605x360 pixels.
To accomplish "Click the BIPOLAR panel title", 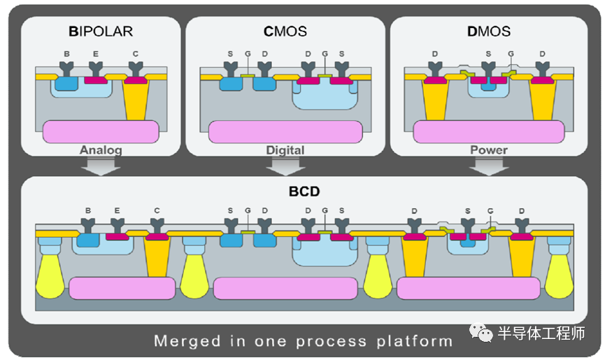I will (x=101, y=31).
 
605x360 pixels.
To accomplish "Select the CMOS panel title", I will (x=285, y=31).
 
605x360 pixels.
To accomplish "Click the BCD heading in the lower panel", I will (x=303, y=190).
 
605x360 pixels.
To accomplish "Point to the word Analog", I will (x=101, y=150).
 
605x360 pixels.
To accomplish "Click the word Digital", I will (x=285, y=150).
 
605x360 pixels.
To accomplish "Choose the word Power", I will (x=488, y=150).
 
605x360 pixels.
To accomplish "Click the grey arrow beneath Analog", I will (x=101, y=166).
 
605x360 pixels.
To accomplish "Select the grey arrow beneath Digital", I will (x=285, y=166).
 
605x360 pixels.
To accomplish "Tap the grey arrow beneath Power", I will (x=488, y=166).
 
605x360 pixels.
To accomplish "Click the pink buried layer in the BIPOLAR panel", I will (x=101, y=130).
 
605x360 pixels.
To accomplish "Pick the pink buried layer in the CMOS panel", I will (x=285, y=131).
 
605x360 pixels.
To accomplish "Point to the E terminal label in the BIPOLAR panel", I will (x=97, y=53).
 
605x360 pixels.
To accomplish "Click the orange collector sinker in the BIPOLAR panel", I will (x=136, y=100).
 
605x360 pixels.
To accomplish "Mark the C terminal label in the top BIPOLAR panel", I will (x=135, y=53).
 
